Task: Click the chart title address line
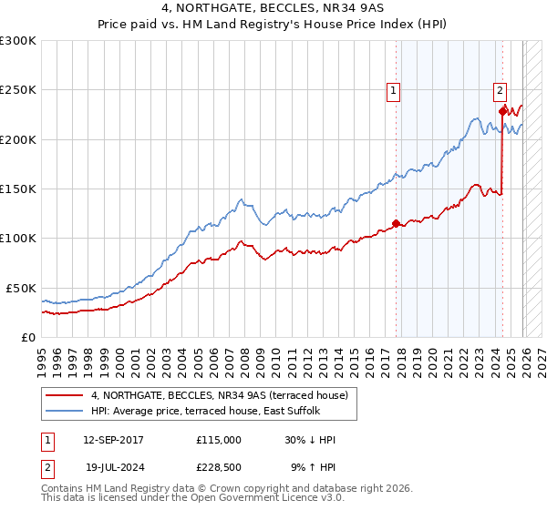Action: pos(273,10)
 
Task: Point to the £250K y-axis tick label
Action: pos(18,90)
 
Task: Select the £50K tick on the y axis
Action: pos(22,288)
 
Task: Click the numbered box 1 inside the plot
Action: pos(393,90)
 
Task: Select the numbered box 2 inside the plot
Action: pos(501,90)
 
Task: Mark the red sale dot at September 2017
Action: pos(396,223)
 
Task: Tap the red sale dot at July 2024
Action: pos(502,111)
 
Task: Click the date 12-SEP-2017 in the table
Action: pos(113,440)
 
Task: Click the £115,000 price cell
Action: pos(219,440)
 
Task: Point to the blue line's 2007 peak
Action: pos(240,199)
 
